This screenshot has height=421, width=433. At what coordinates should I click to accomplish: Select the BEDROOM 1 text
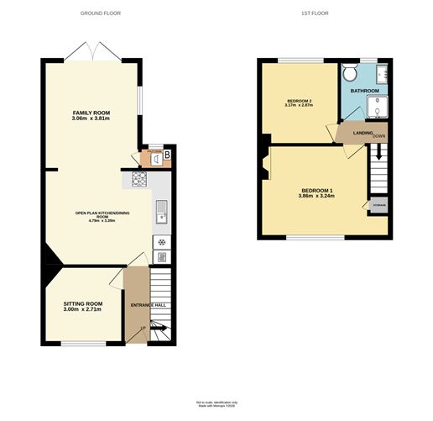tap(317, 191)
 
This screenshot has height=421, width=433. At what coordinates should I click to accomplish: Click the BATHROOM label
tap(364, 91)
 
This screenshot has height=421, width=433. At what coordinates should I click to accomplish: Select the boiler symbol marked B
tap(166, 154)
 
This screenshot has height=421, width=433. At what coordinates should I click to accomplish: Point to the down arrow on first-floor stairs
tap(377, 153)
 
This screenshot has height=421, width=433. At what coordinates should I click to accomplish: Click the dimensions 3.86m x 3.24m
tap(317, 198)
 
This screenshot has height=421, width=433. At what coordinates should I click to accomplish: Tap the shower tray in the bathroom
tap(378, 108)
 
